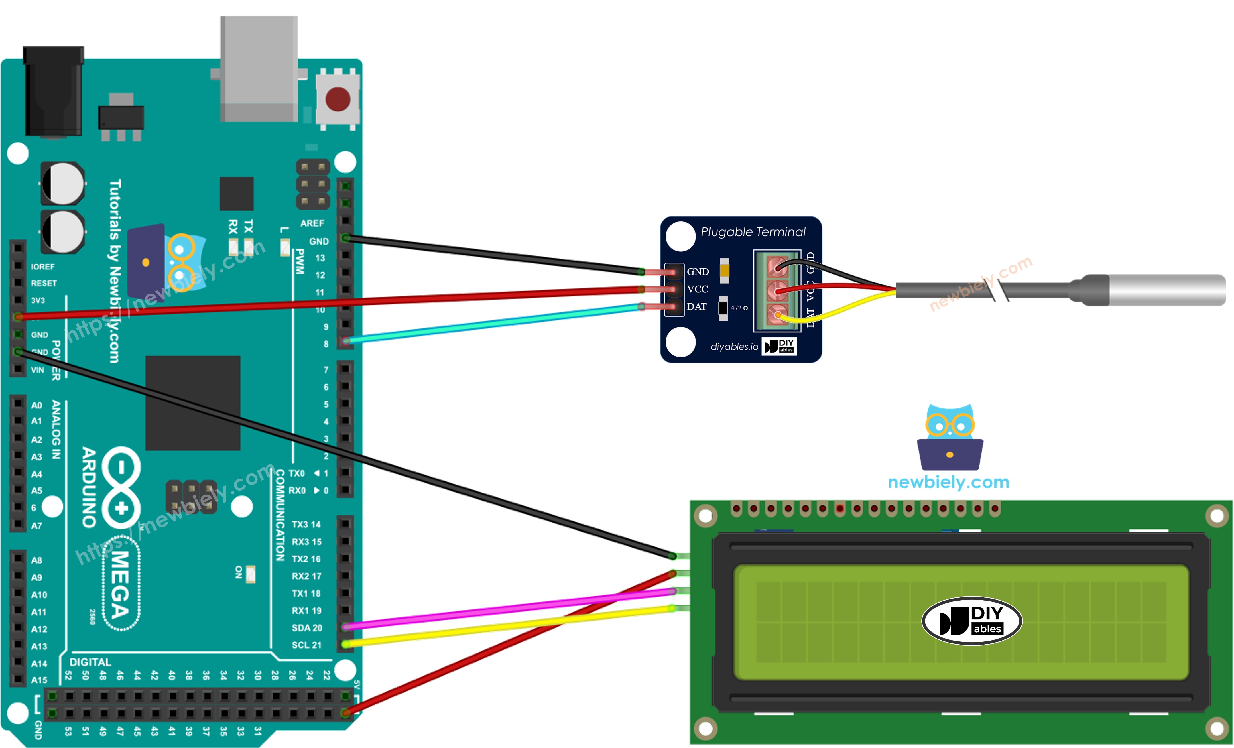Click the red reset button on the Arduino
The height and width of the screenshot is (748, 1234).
tap(338, 99)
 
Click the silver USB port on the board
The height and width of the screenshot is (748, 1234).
tap(259, 69)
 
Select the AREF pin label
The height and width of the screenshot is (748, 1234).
tap(312, 223)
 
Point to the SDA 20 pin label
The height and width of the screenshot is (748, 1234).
tap(306, 628)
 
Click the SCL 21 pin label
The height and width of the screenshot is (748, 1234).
tap(306, 645)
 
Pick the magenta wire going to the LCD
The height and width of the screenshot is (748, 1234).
tap(501, 609)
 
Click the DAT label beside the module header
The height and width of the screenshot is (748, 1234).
tap(697, 306)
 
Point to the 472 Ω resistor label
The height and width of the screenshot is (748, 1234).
tap(739, 308)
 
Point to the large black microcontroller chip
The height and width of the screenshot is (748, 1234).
tap(193, 403)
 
